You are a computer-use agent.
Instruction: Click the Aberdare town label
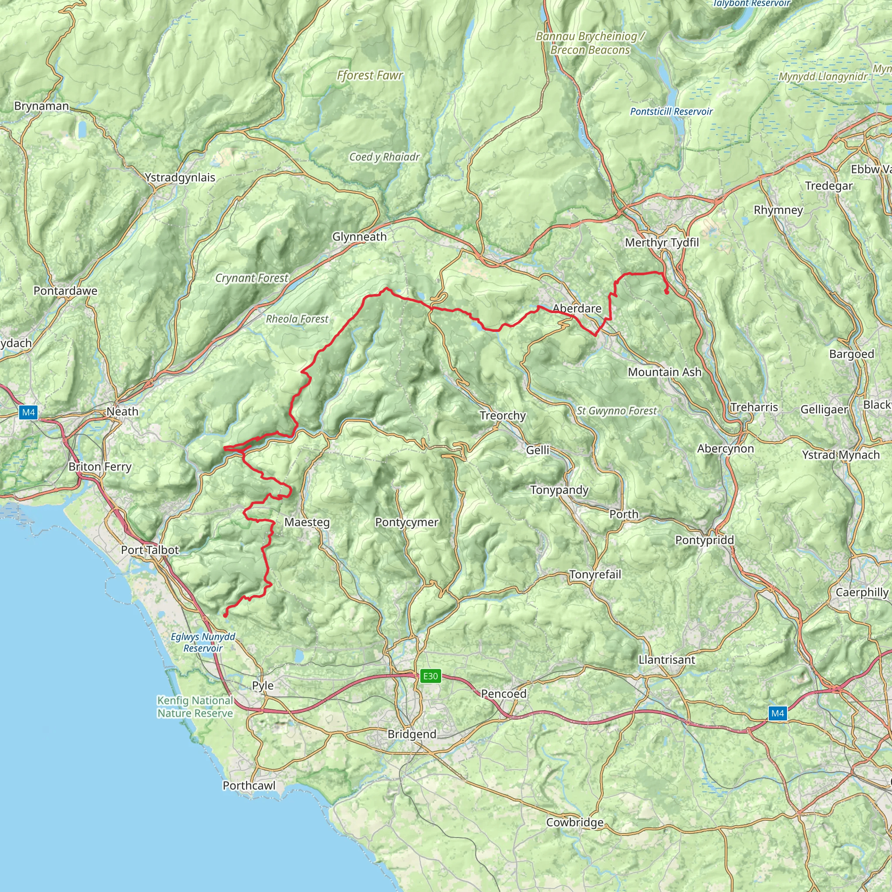577,308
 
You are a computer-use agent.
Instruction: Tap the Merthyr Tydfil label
662,243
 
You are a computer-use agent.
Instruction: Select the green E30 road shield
430,676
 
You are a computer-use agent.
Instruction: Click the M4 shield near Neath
28,412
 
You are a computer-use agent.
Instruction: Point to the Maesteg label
307,522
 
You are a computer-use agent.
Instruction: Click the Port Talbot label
149,550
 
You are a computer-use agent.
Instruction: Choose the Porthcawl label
249,785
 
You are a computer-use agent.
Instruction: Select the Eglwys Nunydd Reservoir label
203,642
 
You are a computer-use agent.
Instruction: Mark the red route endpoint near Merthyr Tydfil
667,292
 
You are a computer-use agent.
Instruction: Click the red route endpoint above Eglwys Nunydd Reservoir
225,615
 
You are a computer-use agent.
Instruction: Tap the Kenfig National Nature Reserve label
195,707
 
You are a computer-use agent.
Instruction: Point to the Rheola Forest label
297,319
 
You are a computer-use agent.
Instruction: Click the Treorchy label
502,416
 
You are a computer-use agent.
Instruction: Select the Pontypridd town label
704,540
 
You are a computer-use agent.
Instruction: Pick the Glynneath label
359,237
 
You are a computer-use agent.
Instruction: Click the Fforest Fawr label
370,75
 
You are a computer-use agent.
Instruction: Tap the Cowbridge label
574,822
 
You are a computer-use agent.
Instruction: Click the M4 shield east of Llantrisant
777,713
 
